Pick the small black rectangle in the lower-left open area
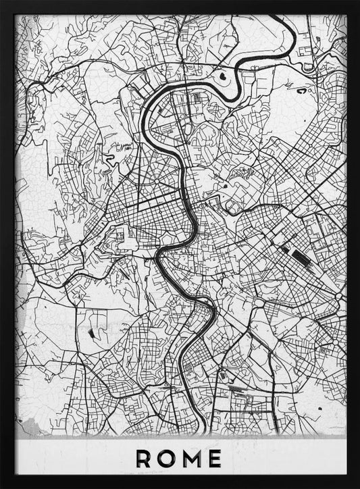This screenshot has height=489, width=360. coord(91,332)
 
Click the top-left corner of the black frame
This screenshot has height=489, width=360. coord(2,2)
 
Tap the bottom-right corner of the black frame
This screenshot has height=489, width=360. coord(357,486)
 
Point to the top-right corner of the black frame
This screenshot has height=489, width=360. coord(357,2)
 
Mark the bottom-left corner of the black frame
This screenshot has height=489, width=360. coord(2,486)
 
